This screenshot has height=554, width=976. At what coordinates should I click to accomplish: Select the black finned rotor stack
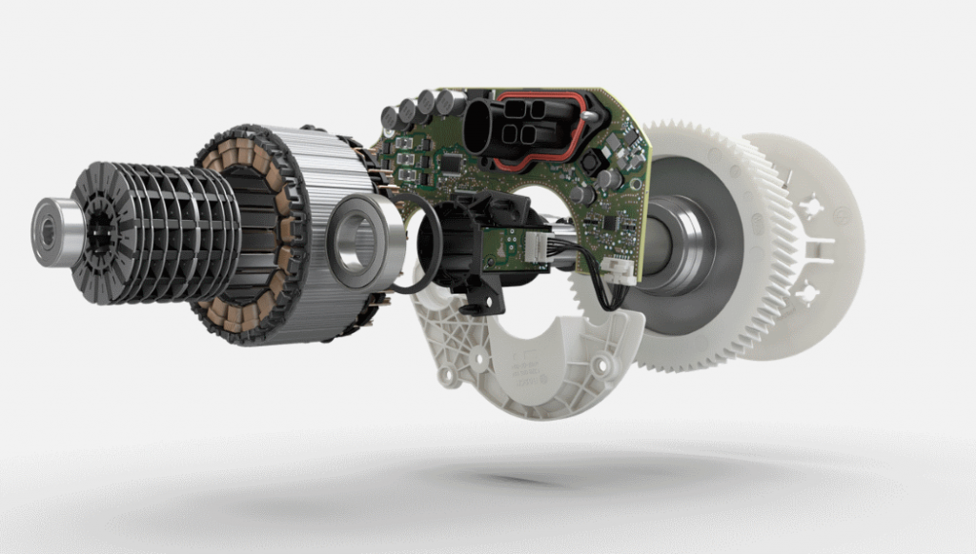point(157,229)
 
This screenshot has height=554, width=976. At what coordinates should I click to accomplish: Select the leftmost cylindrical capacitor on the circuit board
point(390,118)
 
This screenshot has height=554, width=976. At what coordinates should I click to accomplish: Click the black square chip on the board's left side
point(447,165)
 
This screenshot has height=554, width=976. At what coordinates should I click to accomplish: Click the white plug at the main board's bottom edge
point(621,271)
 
